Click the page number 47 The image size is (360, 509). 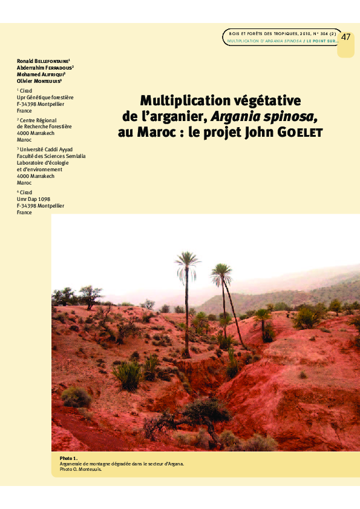click(x=346, y=37)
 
